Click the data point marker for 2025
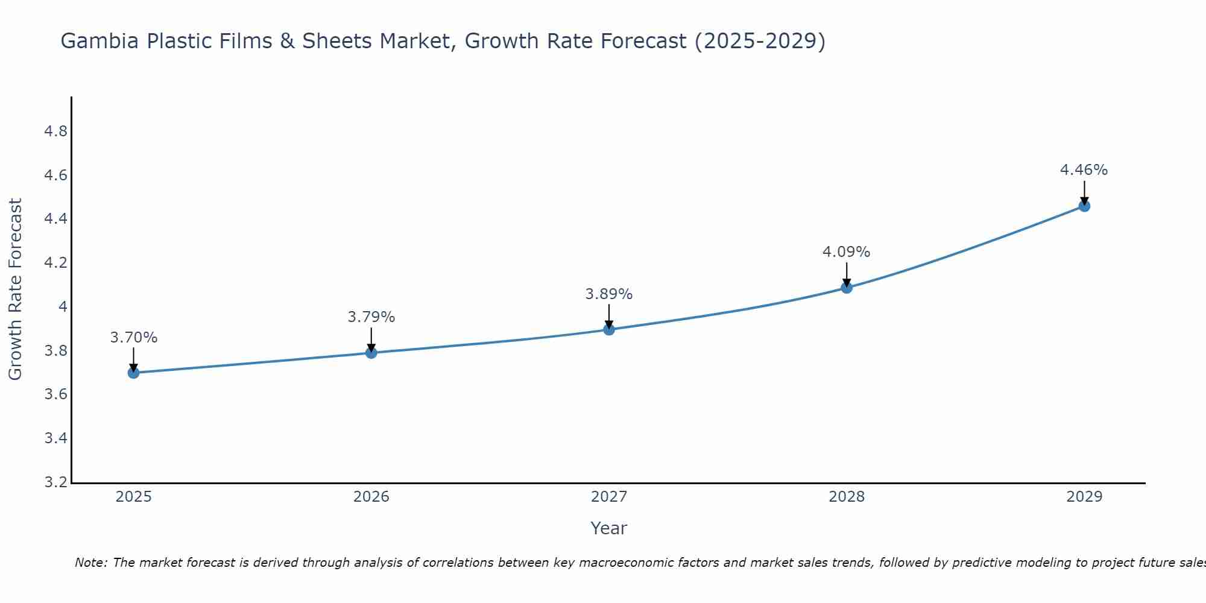134,373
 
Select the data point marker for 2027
609,329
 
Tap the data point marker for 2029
1084,206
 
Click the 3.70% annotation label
134,338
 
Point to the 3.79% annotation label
371,317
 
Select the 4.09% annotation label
847,252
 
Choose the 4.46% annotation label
1084,170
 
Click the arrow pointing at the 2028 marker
847,275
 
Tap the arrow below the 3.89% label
609,317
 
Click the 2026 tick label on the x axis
371,497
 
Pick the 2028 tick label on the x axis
847,497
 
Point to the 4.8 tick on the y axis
56,131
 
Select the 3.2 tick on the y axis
56,482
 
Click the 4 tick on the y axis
63,307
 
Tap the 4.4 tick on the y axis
56,219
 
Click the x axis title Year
609,528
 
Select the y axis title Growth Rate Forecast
15,289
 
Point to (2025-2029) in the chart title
760,41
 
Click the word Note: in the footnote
91,563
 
